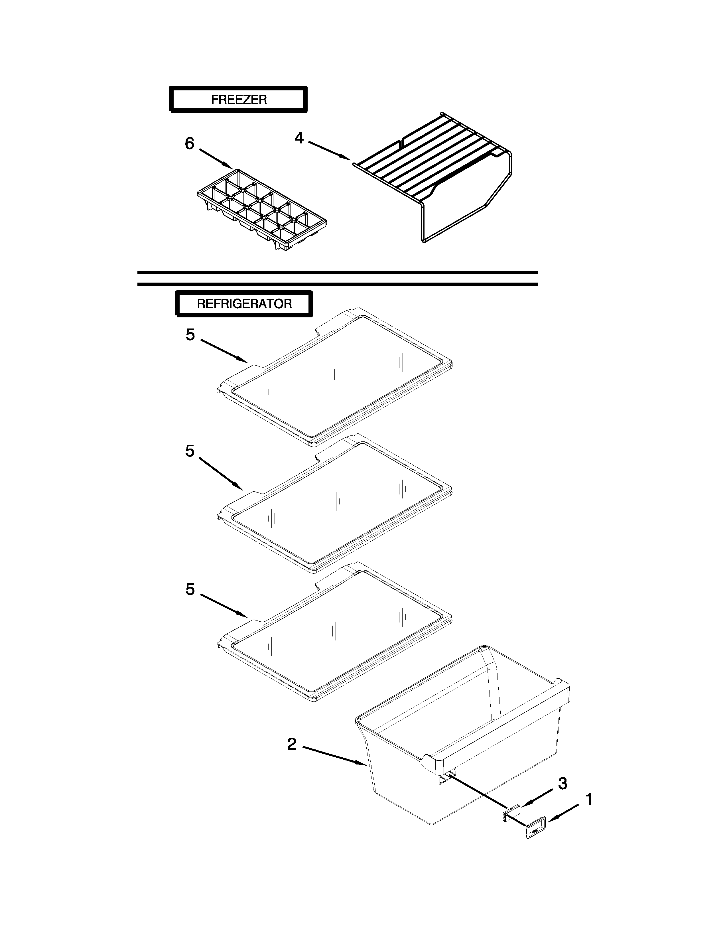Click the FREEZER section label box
click(x=238, y=100)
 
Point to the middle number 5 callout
click(x=190, y=451)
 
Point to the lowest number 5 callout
click(x=190, y=589)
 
